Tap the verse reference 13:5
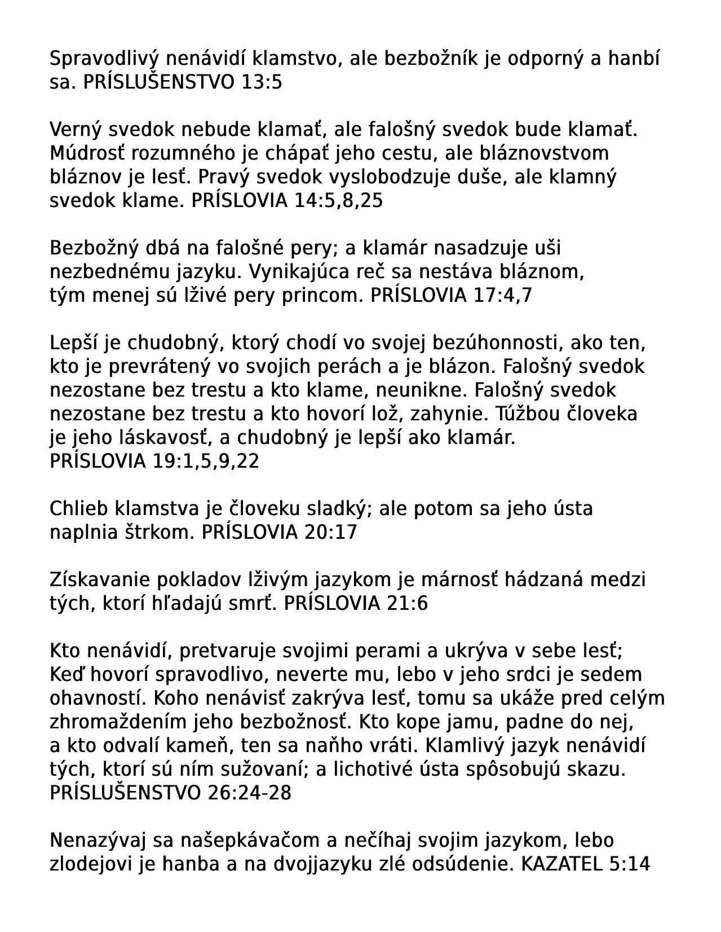point(261,83)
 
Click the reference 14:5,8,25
point(339,201)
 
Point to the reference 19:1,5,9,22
point(206,461)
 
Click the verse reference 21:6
point(408,604)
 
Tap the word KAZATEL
point(561,864)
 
